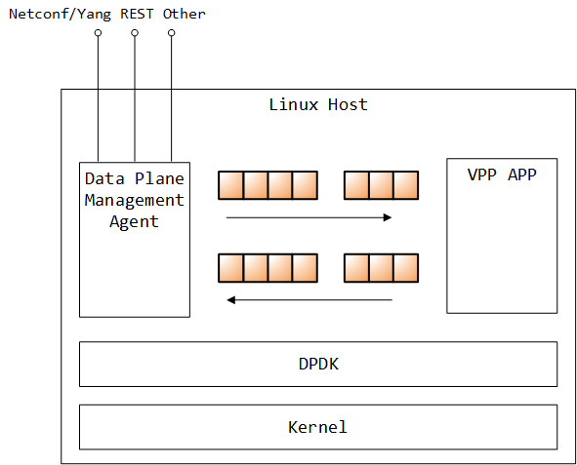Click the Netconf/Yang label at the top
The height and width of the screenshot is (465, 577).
60,14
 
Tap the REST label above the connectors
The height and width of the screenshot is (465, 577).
136,14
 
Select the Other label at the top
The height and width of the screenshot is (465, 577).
184,14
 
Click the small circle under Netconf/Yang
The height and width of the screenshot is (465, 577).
98,33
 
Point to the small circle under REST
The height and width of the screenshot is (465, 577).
135,33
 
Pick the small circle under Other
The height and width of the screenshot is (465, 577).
171,33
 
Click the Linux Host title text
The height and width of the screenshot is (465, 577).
317,104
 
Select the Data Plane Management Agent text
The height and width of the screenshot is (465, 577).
134,200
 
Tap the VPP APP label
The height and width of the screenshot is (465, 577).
502,176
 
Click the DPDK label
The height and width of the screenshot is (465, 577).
317,364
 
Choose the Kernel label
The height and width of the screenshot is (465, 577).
317,427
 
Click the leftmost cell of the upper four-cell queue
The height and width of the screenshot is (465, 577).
230,185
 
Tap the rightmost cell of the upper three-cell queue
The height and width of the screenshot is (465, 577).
405,185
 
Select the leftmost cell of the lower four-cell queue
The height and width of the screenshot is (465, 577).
230,268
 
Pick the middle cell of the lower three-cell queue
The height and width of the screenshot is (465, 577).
381,268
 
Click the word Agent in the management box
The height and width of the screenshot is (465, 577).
134,221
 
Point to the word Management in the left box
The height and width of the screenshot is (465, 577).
134,200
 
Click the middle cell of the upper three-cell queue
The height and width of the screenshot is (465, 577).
381,185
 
